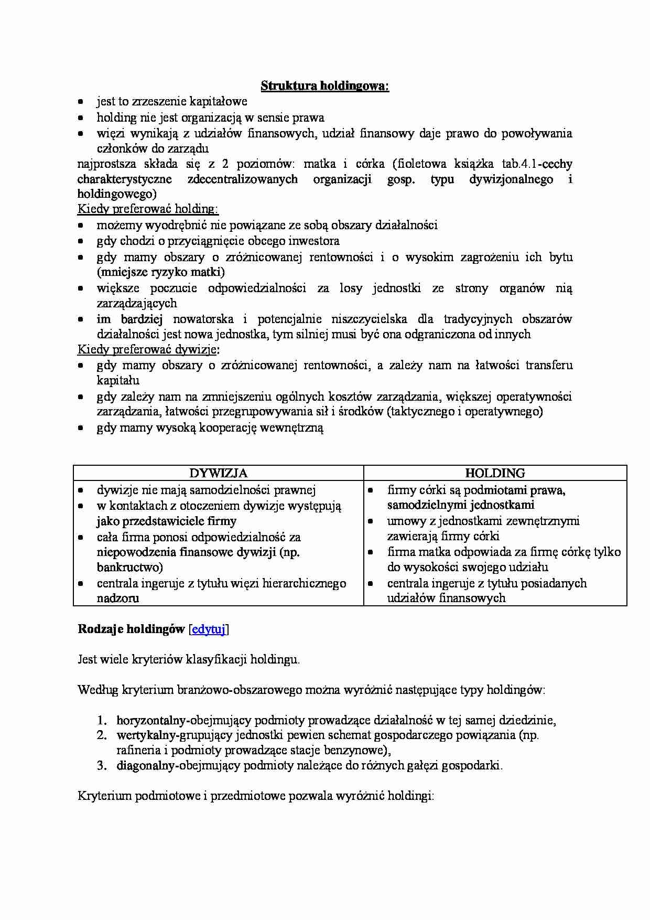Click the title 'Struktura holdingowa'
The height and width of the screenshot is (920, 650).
point(324,85)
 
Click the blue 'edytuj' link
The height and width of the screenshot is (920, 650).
point(208,629)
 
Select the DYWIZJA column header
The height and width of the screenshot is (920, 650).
point(218,473)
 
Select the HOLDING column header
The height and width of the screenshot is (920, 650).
point(495,473)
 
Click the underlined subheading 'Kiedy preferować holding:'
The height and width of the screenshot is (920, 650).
point(148,209)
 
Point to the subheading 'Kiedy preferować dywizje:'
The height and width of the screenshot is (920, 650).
point(148,349)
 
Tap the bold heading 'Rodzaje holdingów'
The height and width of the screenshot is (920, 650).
point(131,629)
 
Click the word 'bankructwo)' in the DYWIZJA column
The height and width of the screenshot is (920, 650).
point(130,567)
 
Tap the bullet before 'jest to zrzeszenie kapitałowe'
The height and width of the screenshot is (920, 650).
point(81,102)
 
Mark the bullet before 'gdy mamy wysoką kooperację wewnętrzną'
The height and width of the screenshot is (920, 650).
point(81,428)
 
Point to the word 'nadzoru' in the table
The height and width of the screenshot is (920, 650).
point(118,598)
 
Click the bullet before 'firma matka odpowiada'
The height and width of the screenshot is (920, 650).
point(371,552)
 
